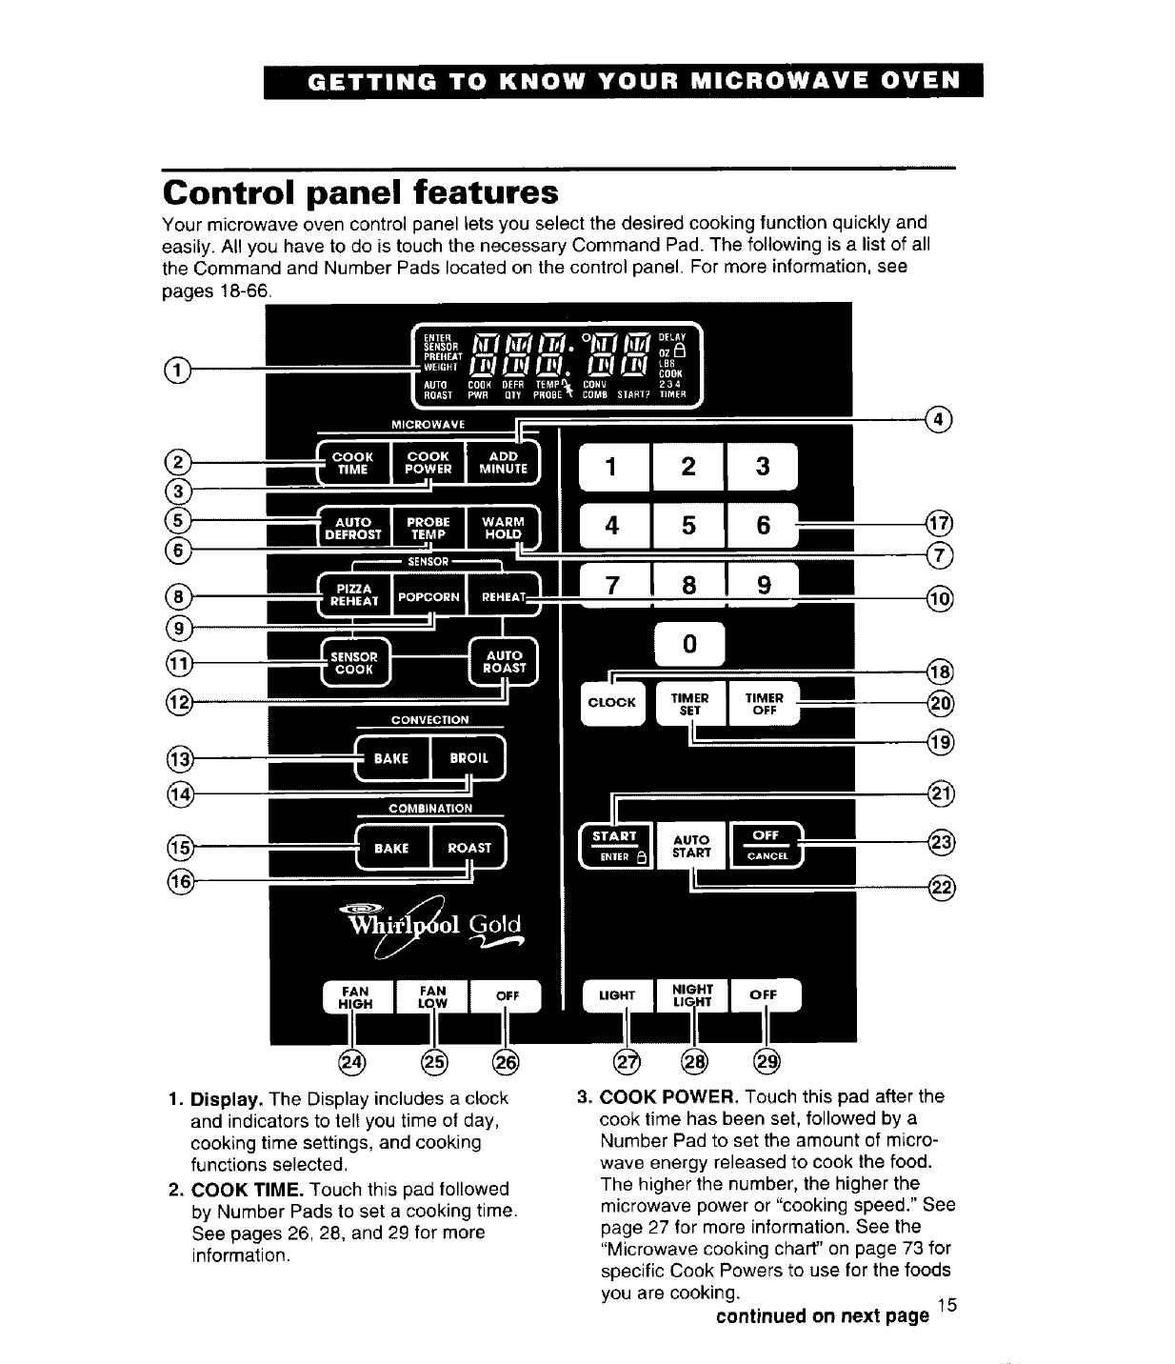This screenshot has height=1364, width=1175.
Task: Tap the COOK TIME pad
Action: [x=352, y=463]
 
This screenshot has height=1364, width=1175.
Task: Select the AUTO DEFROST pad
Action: [x=353, y=529]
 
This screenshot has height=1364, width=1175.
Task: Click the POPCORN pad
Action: [x=428, y=597]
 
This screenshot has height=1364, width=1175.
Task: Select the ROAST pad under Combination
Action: [x=469, y=848]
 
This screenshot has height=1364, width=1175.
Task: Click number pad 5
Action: [x=688, y=526]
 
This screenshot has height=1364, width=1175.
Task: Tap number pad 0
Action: [x=689, y=645]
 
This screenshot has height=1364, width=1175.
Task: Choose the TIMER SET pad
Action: [x=690, y=704]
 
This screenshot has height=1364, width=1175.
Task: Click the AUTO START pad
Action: [x=691, y=846]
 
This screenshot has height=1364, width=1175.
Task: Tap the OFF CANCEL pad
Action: [x=766, y=845]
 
